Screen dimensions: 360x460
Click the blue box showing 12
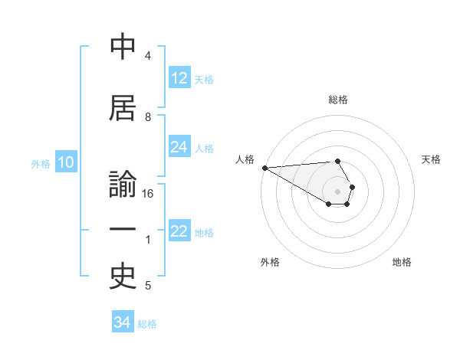tap(179, 78)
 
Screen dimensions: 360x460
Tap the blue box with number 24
tap(179, 147)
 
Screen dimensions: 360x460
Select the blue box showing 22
tap(179, 232)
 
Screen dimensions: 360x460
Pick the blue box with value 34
tap(123, 322)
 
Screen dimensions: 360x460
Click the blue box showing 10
tap(65, 162)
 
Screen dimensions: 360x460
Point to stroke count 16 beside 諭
tap(149, 194)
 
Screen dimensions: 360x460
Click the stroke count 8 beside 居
tap(148, 116)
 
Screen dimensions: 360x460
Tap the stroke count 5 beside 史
tap(148, 286)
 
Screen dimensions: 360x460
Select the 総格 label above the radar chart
tap(338, 100)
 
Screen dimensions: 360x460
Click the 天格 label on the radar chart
tap(432, 159)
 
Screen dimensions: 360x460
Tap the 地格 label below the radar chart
tap(402, 262)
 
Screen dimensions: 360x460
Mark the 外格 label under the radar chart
tap(270, 262)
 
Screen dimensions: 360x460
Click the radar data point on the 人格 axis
tap(264, 168)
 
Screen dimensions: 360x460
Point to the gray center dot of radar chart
tap(338, 191)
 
